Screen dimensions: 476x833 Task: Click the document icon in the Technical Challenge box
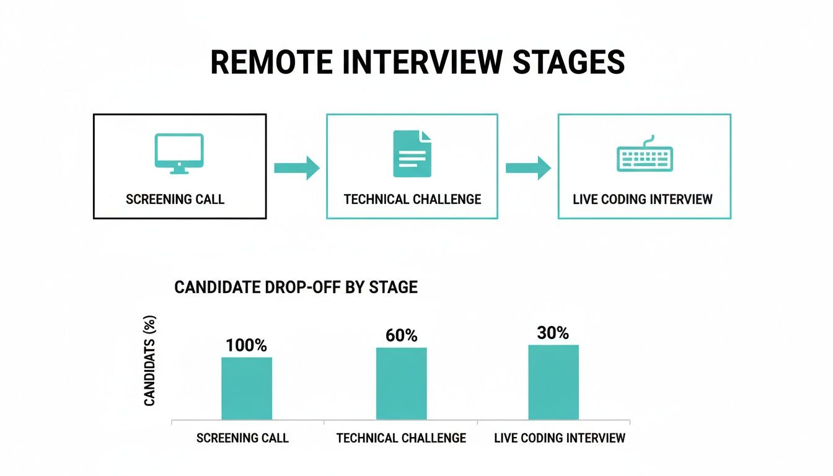pos(412,153)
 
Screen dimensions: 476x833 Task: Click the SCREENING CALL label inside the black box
pos(175,200)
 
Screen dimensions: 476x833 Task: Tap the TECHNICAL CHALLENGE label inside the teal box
pos(412,200)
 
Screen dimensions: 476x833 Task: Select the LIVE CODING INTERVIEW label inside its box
pos(643,200)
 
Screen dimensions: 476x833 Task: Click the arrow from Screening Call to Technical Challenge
pos(296,168)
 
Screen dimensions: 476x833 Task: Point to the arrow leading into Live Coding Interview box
pos(528,168)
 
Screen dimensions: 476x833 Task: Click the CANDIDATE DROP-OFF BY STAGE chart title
pos(296,288)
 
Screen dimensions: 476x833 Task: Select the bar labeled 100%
pos(247,389)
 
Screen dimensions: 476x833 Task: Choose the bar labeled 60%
pos(401,384)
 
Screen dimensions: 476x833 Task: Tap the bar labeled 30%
pos(553,382)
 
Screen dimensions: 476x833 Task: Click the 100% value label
pos(247,345)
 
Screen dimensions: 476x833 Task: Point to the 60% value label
pos(401,336)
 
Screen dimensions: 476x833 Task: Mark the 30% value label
pos(553,333)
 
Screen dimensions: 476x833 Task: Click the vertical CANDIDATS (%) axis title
pos(149,361)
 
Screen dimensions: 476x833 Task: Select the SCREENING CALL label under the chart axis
pos(242,438)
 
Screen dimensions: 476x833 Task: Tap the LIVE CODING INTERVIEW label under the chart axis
pos(560,438)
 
